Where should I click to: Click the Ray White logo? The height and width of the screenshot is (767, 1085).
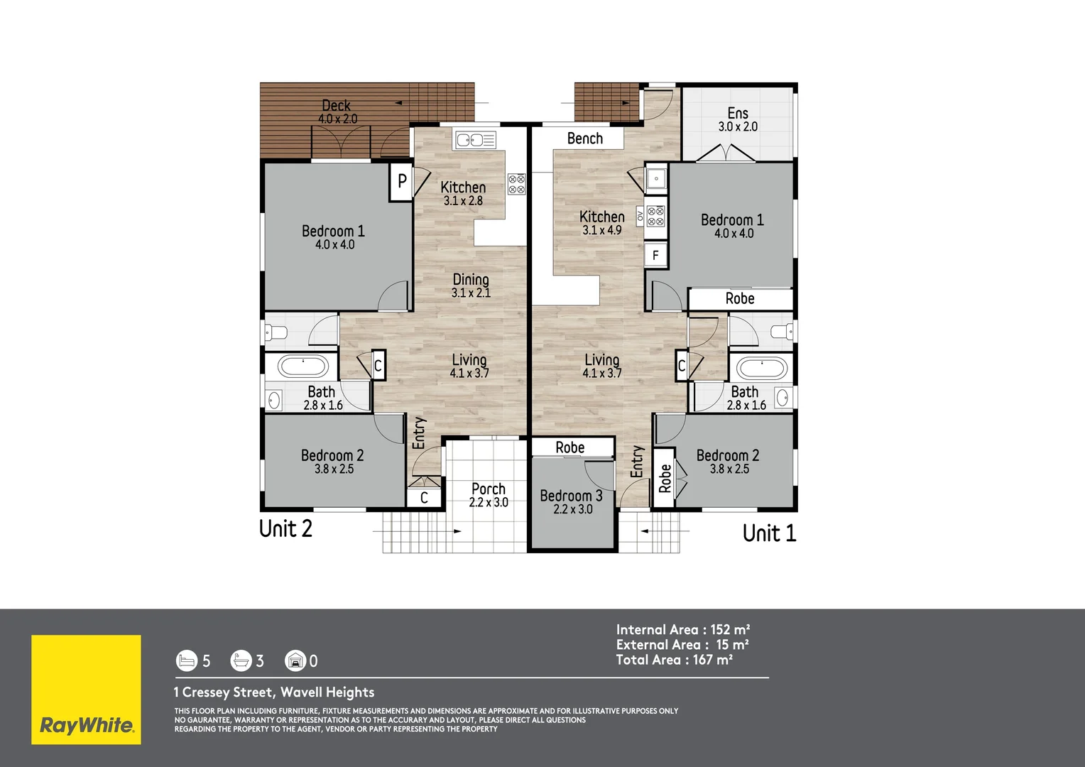tap(86, 690)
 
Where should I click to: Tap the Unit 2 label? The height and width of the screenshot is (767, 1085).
tap(285, 529)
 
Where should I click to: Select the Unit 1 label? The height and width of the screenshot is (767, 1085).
tap(769, 533)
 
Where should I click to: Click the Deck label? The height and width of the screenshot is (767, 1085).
tap(337, 106)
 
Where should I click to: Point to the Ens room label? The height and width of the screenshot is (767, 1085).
tap(738, 114)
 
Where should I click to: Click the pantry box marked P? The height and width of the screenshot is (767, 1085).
tap(401, 181)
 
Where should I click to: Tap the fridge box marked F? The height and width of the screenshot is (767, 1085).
tap(655, 255)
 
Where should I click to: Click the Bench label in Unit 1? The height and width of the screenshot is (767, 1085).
tap(584, 138)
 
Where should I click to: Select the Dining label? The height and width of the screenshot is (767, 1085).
tap(471, 280)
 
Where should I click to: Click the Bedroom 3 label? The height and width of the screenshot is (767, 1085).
tap(571, 496)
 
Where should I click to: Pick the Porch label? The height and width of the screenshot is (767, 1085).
tap(489, 489)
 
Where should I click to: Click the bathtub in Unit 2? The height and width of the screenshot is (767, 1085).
tap(303, 366)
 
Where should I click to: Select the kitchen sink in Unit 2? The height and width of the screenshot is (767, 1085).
tap(475, 140)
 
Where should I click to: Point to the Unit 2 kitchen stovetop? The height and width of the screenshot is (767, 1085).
tap(516, 185)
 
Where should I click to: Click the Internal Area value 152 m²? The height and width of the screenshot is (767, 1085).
tap(730, 630)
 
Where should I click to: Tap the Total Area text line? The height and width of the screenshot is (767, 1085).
tap(674, 660)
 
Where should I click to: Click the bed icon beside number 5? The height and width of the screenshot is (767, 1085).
tap(186, 661)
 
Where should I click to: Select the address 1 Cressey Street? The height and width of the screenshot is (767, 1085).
tap(274, 692)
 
